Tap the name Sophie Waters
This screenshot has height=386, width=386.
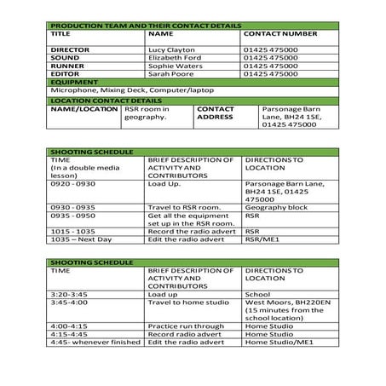(176, 66)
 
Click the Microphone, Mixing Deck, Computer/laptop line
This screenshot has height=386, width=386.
(131, 89)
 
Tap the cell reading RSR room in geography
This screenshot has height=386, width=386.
(147, 113)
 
